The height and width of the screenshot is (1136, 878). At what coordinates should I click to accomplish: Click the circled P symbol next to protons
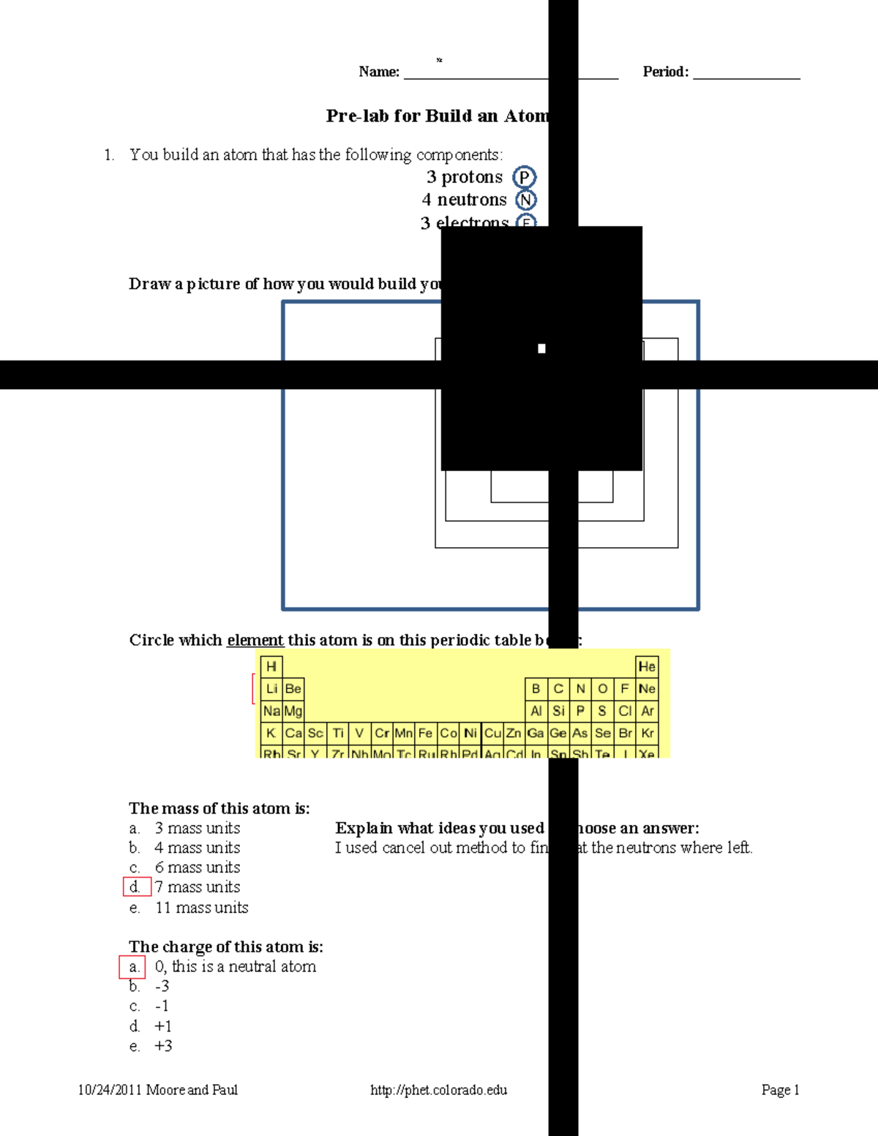524,177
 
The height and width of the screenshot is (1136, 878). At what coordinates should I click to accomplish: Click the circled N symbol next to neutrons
525,200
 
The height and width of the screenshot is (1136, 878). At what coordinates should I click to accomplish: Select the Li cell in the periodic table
271,689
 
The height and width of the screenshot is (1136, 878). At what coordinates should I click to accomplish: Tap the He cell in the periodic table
647,666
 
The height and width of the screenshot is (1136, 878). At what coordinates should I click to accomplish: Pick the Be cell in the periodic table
293,689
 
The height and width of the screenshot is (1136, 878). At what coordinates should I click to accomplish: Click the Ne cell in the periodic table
647,689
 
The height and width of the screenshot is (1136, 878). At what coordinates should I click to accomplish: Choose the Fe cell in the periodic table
426,733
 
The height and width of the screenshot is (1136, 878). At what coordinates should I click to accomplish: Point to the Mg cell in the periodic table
293,711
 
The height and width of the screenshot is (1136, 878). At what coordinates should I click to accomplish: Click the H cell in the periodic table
271,666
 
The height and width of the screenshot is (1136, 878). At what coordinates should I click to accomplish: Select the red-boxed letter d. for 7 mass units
137,887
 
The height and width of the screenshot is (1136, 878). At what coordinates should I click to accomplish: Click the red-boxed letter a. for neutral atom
132,967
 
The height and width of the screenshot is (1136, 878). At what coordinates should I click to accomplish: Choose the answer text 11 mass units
202,908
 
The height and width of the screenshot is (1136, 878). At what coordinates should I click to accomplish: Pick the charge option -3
162,987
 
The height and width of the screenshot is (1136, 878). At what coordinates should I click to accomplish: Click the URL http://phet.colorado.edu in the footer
438,1090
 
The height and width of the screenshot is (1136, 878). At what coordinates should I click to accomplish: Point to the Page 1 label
780,1090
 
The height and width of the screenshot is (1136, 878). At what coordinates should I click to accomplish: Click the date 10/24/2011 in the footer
110,1090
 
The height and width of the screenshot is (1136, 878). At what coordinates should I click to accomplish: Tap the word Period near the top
664,72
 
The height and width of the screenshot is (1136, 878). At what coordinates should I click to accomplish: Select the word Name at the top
378,72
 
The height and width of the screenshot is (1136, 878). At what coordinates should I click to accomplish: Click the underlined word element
255,640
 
